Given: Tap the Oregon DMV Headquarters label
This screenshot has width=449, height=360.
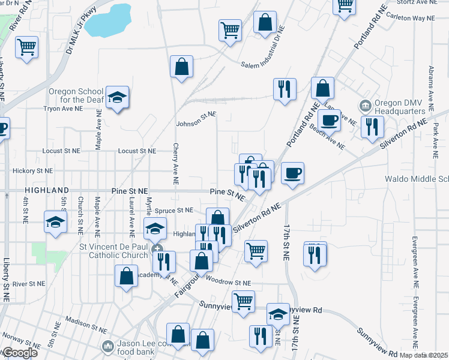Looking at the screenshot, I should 400,107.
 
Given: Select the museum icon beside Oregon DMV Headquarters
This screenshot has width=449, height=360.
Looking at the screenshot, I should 365,107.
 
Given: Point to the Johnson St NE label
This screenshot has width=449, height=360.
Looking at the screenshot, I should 196,124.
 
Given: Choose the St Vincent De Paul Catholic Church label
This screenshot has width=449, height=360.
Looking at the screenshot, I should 114,251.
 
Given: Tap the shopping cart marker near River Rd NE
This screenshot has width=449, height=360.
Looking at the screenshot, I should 27,46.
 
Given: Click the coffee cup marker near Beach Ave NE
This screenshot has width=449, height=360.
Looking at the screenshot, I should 330,119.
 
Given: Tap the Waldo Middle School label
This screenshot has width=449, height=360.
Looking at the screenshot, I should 417,179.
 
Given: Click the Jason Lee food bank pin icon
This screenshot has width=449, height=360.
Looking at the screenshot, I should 107,346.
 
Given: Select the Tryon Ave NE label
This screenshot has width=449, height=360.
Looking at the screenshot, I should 62,109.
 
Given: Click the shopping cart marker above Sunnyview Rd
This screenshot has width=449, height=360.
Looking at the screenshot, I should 243,301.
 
